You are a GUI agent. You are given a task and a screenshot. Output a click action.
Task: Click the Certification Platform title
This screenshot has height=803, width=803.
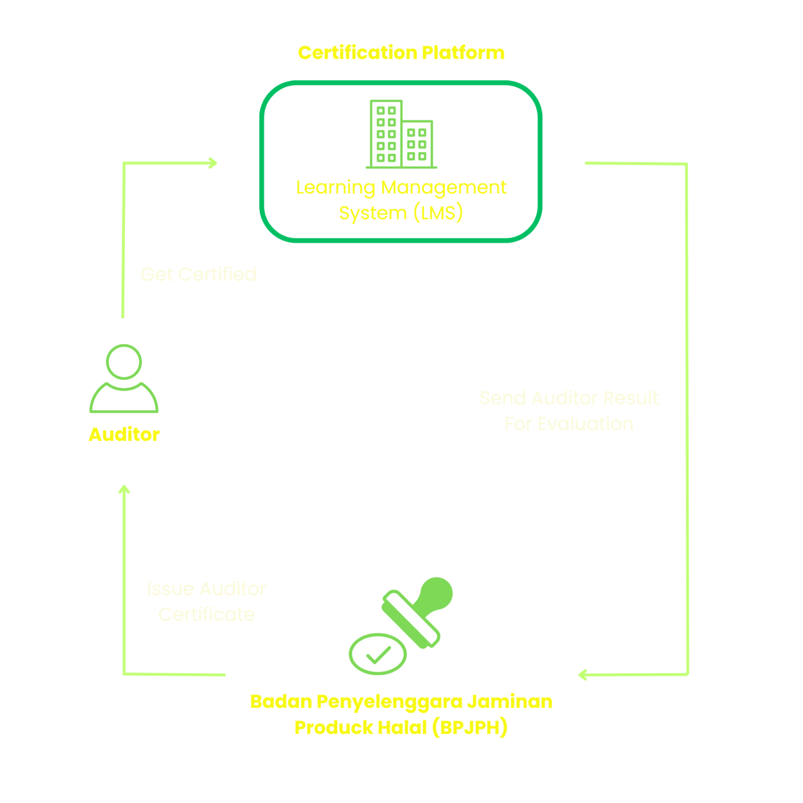point(401,53)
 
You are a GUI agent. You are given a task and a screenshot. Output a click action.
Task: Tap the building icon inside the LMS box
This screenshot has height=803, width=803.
point(401,134)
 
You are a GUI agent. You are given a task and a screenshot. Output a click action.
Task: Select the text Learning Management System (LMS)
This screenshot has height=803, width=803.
point(401,200)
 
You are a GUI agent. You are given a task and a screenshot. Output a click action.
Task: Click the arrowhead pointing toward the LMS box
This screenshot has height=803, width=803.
point(213,163)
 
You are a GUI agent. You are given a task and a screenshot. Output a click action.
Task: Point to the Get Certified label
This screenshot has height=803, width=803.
point(198,274)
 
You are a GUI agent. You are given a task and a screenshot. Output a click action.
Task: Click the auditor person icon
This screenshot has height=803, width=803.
point(124,379)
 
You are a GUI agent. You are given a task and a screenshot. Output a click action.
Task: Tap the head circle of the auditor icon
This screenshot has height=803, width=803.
point(124,361)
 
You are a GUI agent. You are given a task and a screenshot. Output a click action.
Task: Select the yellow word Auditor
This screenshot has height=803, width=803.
point(124,434)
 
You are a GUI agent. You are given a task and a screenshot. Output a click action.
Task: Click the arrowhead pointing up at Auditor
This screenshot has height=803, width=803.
point(124,489)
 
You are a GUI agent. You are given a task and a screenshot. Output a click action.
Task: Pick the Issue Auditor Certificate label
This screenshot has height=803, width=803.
point(207,601)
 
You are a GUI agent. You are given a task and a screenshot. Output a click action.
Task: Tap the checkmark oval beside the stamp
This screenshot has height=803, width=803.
point(377,654)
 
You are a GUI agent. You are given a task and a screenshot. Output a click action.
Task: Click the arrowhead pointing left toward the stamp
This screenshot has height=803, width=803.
point(582,675)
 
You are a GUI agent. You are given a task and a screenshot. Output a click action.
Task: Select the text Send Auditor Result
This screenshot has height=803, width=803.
point(569,398)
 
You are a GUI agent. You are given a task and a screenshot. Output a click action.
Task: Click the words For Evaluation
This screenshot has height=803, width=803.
point(569,424)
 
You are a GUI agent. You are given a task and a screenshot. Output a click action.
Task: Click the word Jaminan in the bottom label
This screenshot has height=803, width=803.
point(510,702)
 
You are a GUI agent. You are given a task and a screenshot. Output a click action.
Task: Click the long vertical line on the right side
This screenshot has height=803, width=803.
point(687,418)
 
